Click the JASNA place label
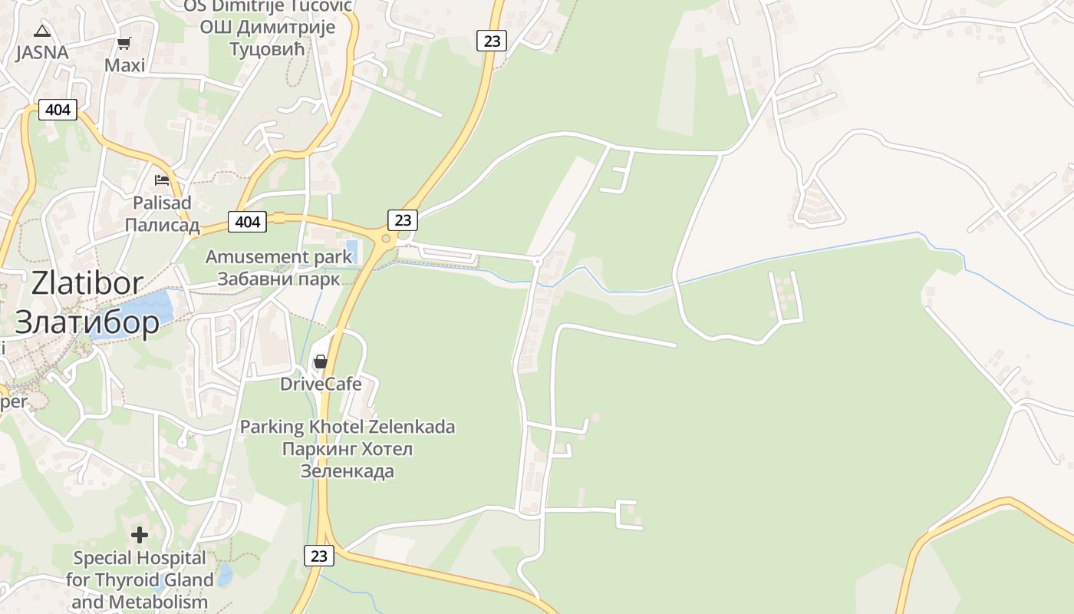point(42,53)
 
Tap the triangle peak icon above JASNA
point(41,31)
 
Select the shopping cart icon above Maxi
point(124,44)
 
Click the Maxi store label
point(125,65)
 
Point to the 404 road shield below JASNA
point(58,110)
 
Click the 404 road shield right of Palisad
point(247,222)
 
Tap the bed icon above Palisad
point(162,180)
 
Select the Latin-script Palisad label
point(163,203)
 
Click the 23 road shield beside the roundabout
point(403,220)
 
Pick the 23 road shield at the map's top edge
point(492,41)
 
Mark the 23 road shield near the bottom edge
point(319,556)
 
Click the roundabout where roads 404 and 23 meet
point(386,239)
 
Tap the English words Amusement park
point(278,257)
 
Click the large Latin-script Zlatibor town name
point(87,283)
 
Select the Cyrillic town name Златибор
point(87,322)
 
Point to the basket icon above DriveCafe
point(321,361)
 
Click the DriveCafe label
point(321,384)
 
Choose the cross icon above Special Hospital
point(140,534)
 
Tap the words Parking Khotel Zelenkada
point(348,427)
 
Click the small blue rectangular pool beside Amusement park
point(352,250)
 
